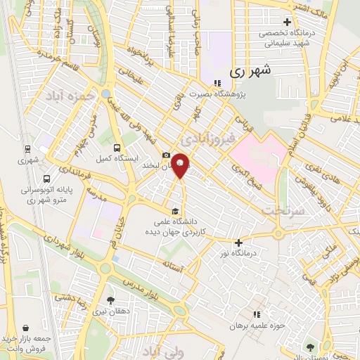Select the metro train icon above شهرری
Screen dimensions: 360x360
pyautogui.click(x=27, y=149)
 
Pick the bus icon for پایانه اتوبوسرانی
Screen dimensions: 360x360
pyautogui.click(x=46, y=179)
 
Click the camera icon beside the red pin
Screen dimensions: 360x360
pyautogui.click(x=166, y=155)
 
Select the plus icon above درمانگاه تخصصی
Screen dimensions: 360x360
pyautogui.click(x=286, y=22)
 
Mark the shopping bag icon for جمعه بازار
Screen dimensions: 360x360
pyautogui.click(x=27, y=328)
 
